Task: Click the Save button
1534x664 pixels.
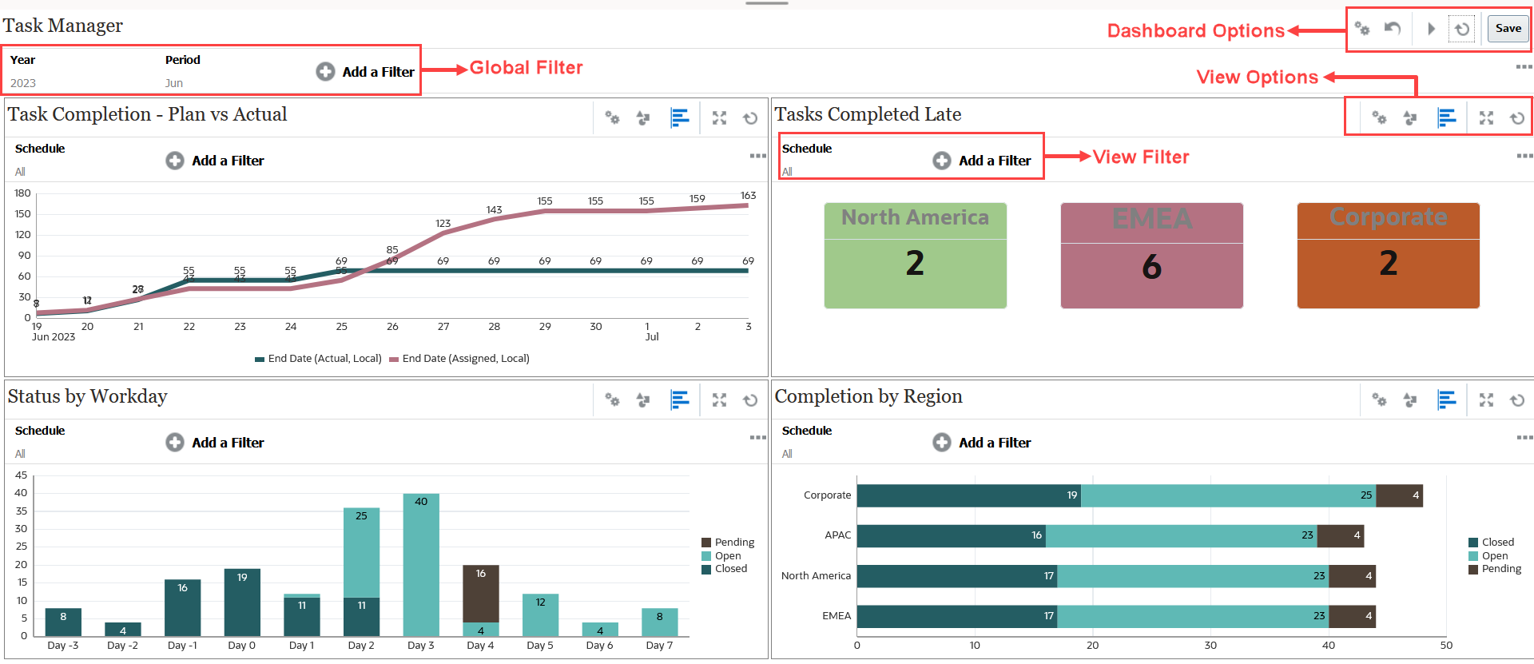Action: pyautogui.click(x=1508, y=29)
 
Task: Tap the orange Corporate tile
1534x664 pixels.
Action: pyautogui.click(x=1388, y=256)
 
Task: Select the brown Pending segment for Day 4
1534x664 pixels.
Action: pyautogui.click(x=480, y=593)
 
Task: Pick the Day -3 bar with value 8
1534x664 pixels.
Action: pyautogui.click(x=63, y=622)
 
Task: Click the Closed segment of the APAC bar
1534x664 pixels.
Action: pyautogui.click(x=951, y=535)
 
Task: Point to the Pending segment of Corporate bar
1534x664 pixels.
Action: pyautogui.click(x=1399, y=495)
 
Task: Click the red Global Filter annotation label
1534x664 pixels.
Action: pyautogui.click(x=526, y=68)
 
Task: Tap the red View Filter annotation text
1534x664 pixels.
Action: pyautogui.click(x=1140, y=157)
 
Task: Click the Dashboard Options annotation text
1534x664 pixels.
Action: pyautogui.click(x=1195, y=31)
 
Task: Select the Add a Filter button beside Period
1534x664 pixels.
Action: pyautogui.click(x=365, y=72)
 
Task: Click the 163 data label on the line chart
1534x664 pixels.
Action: pyautogui.click(x=748, y=196)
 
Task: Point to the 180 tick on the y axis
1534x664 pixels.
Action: pyautogui.click(x=22, y=193)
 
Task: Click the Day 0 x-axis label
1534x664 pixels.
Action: pyautogui.click(x=241, y=646)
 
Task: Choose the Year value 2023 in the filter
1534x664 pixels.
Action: pyautogui.click(x=23, y=83)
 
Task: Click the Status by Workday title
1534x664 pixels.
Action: pyautogui.click(x=87, y=396)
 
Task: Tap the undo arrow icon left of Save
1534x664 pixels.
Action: pyautogui.click(x=1393, y=29)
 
